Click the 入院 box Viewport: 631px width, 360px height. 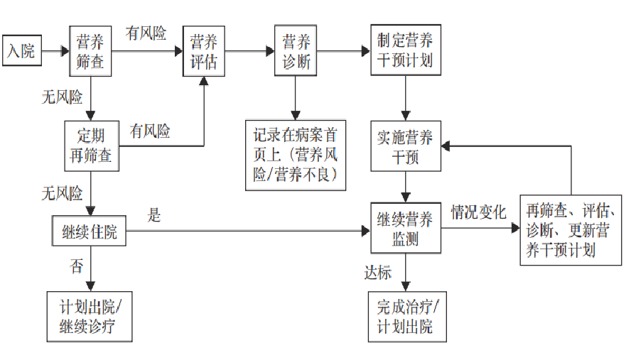pos(21,51)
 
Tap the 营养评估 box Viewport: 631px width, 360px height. pos(204,50)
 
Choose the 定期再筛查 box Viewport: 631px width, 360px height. pos(90,145)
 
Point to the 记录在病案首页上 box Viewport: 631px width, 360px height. pos(295,154)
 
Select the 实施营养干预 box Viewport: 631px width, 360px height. pos(405,146)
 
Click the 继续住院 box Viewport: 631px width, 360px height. pos(90,231)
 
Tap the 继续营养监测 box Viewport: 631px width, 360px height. pos(405,228)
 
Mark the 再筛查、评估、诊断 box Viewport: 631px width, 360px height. pos(571,229)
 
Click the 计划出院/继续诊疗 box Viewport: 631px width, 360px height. pos(90,316)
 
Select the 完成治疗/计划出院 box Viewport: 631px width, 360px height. pos(405,317)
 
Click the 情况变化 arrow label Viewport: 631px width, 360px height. pos(478,212)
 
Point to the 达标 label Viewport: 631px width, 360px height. pos(378,273)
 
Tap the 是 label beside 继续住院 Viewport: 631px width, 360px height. pos(155,215)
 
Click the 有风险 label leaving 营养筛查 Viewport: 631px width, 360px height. pos(146,33)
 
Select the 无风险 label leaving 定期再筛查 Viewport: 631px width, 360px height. pos(62,192)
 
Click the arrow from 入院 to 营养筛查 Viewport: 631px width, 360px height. pos(55,51)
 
